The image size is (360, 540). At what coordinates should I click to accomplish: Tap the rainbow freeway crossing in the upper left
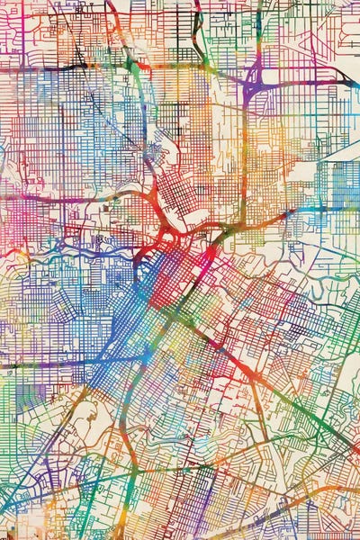point(135,65)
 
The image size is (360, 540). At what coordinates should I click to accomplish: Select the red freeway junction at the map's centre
point(169,236)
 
